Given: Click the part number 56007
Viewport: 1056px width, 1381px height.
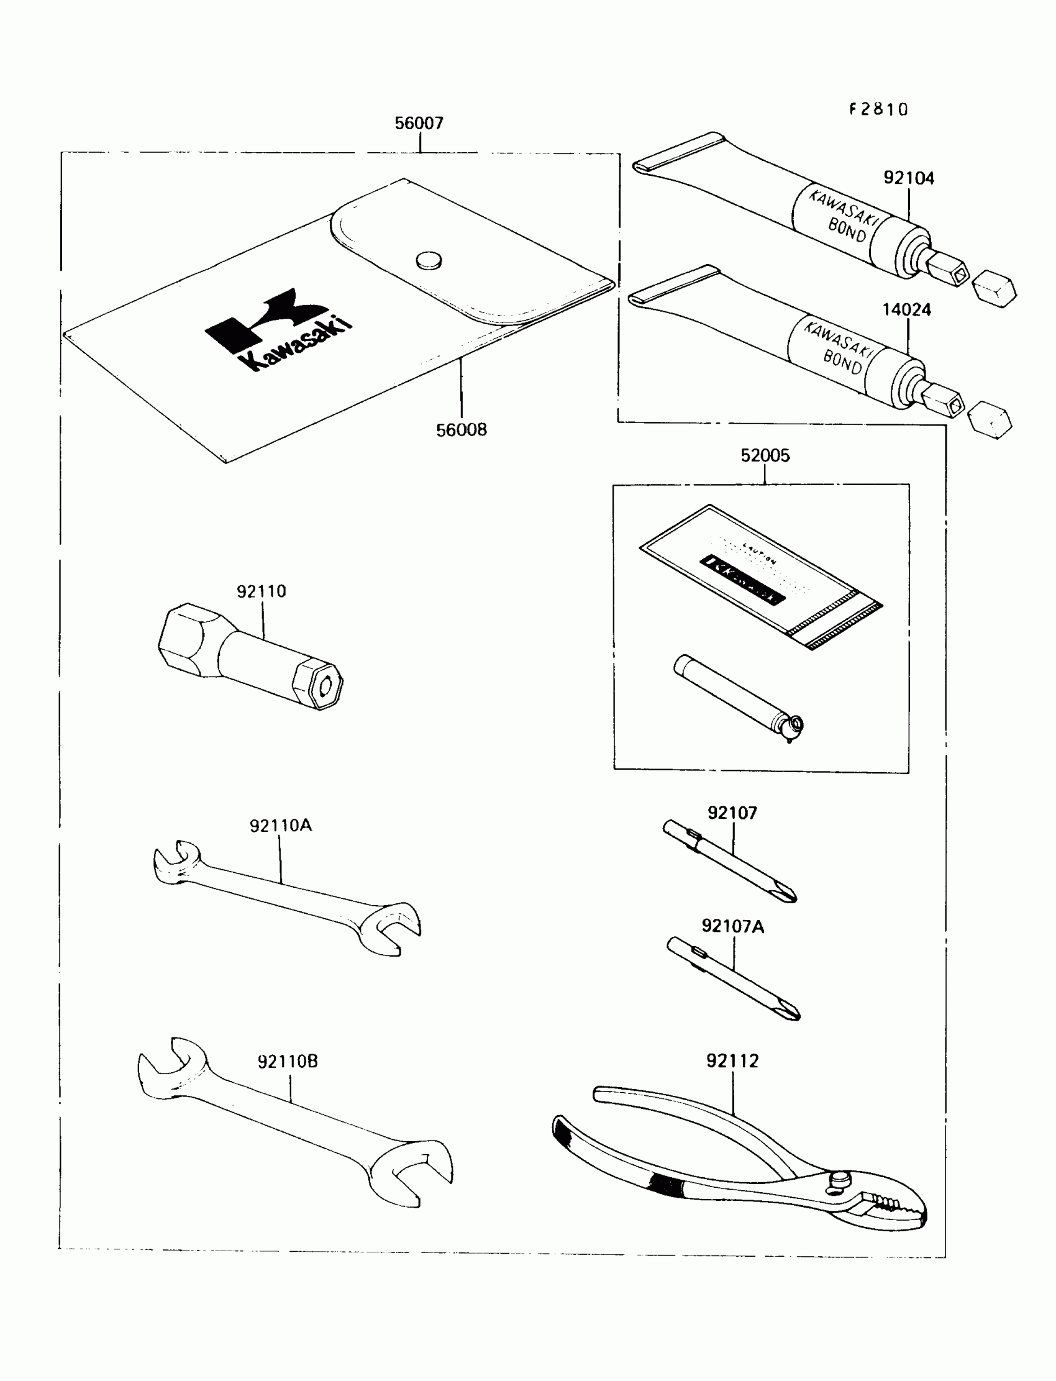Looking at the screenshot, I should coord(419,123).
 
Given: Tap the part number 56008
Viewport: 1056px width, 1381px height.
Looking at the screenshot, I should coord(462,430).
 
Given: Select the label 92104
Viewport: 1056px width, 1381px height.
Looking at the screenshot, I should coord(908,178).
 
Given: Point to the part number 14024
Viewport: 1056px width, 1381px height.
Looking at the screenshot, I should coord(906,310).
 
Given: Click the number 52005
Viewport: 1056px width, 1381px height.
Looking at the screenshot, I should coord(765,456).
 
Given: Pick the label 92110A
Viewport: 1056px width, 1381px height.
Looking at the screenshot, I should coord(280,826).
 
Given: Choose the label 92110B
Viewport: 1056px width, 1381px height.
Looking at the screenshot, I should coord(288,1062).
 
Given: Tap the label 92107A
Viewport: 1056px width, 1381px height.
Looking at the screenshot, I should coord(732,926).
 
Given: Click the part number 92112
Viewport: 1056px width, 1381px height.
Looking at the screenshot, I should coord(732,1061).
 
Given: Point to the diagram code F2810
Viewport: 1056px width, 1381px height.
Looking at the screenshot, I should coord(879,110).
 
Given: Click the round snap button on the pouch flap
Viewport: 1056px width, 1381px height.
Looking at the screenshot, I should coord(429,260).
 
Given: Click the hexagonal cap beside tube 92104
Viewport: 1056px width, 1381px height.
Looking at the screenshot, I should coord(994,289).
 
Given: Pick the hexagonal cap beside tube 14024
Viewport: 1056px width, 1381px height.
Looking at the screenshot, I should coord(990,420).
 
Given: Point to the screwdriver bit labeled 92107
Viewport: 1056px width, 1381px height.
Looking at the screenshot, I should coord(729,861).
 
